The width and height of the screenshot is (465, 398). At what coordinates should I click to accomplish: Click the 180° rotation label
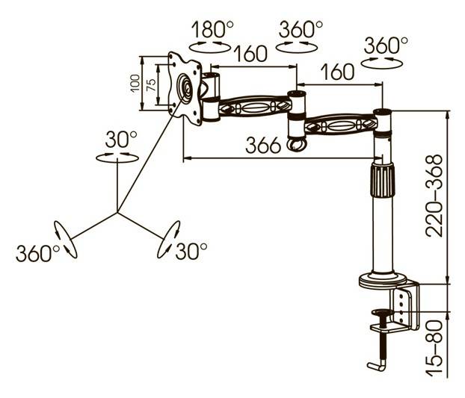212,29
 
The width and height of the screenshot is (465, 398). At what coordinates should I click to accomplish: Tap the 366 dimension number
263,145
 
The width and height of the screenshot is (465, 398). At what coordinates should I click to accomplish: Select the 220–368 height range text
434,195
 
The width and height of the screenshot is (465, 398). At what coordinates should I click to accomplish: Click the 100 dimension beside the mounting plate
135,83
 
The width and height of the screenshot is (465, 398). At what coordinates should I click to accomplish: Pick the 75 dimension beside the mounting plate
151,85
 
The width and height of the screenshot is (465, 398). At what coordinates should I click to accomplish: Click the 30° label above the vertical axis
121,139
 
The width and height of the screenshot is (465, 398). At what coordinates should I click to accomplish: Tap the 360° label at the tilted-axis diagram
37,253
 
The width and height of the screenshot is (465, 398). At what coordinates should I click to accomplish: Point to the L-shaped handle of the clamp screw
377,365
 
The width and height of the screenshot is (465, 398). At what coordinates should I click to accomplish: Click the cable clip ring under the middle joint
297,144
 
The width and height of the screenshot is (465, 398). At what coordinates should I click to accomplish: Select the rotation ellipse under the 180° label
210,47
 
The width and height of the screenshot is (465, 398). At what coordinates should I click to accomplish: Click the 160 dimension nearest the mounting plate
250,54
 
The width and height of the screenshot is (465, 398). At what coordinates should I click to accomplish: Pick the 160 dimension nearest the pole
338,72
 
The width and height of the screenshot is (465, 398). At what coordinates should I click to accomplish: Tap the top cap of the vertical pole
383,112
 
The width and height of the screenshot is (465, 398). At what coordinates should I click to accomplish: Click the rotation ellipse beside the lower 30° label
168,239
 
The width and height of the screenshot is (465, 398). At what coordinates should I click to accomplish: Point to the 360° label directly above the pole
386,46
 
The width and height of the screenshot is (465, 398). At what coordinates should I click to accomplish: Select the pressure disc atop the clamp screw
383,312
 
